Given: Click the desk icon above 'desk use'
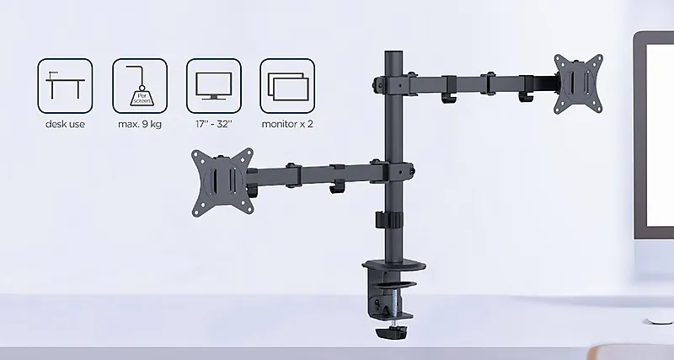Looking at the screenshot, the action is [x=65, y=86].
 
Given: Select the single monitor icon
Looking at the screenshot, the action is [x=214, y=86].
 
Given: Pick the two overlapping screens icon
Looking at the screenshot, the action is [x=287, y=86].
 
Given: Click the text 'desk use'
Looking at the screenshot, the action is [x=65, y=124].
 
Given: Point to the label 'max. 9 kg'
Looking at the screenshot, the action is [x=140, y=124].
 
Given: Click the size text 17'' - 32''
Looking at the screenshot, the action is [x=214, y=124].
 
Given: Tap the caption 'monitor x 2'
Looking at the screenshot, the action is [x=287, y=124].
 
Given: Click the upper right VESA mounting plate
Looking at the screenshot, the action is [x=578, y=83].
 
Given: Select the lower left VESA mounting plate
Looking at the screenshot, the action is [x=222, y=182].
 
